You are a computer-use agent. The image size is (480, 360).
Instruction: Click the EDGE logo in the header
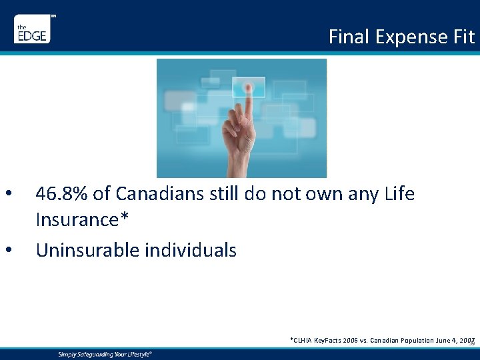coord(32,30)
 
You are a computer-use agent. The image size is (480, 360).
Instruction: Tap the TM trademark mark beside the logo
coord(53,15)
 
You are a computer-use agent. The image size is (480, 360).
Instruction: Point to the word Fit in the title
coord(464,37)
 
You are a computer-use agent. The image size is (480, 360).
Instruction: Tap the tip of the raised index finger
coord(248,87)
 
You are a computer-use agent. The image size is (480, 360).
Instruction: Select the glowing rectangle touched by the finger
coord(248,87)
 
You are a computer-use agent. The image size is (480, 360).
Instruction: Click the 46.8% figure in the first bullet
coord(63,194)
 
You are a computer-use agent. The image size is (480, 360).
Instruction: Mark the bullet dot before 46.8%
coord(8,195)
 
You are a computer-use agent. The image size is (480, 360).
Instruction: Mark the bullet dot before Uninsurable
coord(8,251)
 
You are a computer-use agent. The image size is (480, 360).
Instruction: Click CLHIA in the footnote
coord(303,340)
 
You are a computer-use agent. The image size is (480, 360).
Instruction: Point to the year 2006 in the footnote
coord(351,340)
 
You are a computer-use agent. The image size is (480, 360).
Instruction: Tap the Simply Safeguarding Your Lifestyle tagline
coord(105,354)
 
